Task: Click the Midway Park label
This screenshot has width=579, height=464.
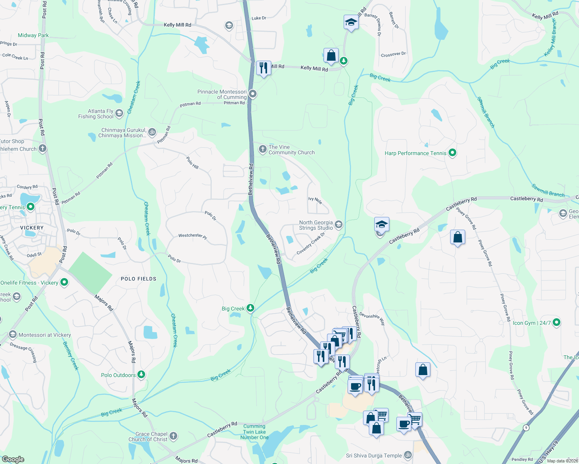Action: (33, 35)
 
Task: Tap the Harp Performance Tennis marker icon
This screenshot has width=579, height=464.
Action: (452, 153)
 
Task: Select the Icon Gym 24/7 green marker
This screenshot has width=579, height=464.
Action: (557, 322)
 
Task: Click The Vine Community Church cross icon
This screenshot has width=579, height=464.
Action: (262, 149)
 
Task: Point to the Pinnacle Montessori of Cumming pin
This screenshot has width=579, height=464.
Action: (253, 94)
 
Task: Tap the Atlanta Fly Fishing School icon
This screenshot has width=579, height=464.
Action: (119, 113)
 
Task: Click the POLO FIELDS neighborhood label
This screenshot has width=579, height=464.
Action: (139, 279)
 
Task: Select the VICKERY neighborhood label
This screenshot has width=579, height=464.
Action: (32, 228)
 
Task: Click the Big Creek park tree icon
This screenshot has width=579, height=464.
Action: (250, 308)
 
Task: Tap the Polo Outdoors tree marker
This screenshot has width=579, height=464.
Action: (141, 375)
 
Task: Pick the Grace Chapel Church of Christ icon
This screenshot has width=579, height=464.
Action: (173, 436)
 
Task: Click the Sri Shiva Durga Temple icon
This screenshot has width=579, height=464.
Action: (408, 455)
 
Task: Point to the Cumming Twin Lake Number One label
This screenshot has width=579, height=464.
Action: (254, 432)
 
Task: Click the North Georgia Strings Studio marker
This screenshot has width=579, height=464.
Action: (338, 225)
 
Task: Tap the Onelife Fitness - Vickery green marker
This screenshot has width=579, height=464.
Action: (64, 283)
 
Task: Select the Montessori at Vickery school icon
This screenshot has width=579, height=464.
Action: (13, 334)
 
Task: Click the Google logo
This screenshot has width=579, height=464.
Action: (13, 459)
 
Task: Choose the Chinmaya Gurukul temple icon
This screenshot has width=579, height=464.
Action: (152, 132)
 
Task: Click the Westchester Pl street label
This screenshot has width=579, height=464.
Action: (193, 236)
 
